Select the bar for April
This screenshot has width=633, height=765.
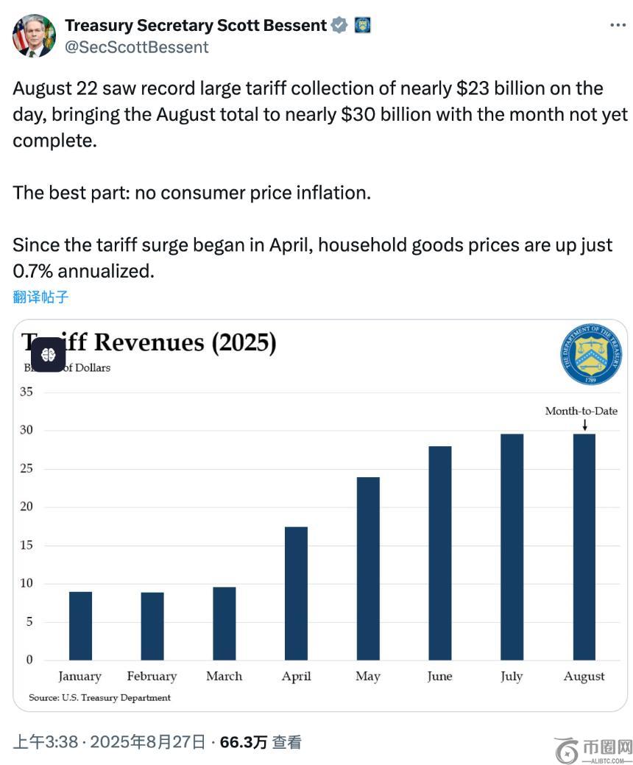296,593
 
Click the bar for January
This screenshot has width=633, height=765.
80,625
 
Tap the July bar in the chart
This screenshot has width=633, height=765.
512,546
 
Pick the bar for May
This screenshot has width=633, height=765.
368,568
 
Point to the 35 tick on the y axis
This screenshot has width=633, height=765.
26,392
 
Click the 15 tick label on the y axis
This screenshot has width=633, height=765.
26,545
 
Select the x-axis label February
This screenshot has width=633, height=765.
152,676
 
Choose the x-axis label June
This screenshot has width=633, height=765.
439,676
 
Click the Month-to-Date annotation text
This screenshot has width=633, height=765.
581,411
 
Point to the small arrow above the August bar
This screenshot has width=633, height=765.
584,425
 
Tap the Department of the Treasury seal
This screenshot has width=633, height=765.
590,355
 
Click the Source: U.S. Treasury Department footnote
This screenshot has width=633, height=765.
99,697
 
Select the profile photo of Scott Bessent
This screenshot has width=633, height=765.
34,35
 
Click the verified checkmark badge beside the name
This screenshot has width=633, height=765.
339,25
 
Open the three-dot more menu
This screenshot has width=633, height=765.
618,25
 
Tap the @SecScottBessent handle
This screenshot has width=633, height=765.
137,47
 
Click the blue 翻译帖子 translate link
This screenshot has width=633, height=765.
40,297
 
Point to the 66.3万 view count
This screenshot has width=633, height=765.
243,742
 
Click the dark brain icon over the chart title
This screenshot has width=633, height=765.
49,354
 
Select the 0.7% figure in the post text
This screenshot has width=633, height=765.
33,271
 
